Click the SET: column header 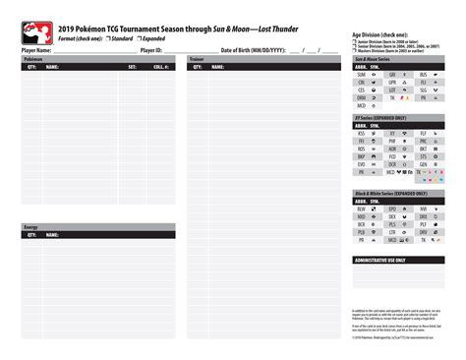click(133, 67)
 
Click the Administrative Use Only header click(383, 260)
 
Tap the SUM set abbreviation click(362, 74)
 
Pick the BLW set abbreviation click(362, 210)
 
